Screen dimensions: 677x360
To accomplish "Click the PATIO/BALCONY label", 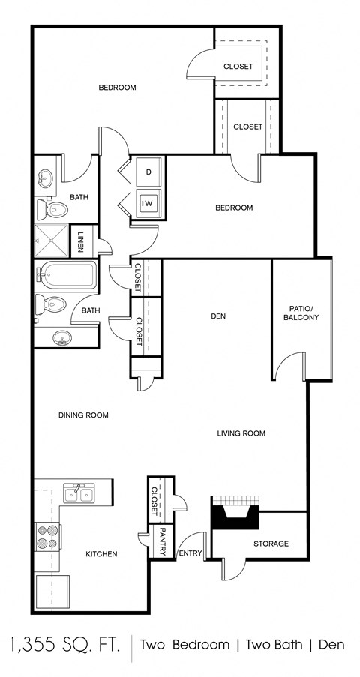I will click(x=301, y=313).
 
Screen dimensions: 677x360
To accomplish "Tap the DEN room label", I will click(x=218, y=316).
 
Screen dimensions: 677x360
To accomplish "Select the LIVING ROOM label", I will click(x=241, y=433).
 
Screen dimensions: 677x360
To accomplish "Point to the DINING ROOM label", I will click(x=83, y=415).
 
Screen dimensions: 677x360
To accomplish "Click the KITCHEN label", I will click(x=101, y=554).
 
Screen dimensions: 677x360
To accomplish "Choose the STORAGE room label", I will click(x=270, y=544).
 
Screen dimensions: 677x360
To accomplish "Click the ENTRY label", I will click(x=190, y=554).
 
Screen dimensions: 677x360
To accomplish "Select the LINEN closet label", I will click(x=81, y=241).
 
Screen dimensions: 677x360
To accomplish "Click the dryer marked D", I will click(x=148, y=172).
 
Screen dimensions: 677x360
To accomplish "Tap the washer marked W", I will click(x=148, y=202).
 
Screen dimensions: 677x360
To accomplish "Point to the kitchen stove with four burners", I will click(x=47, y=537).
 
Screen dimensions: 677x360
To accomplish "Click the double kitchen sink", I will click(x=78, y=493).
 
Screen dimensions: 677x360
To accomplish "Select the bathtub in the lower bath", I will click(x=67, y=275).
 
